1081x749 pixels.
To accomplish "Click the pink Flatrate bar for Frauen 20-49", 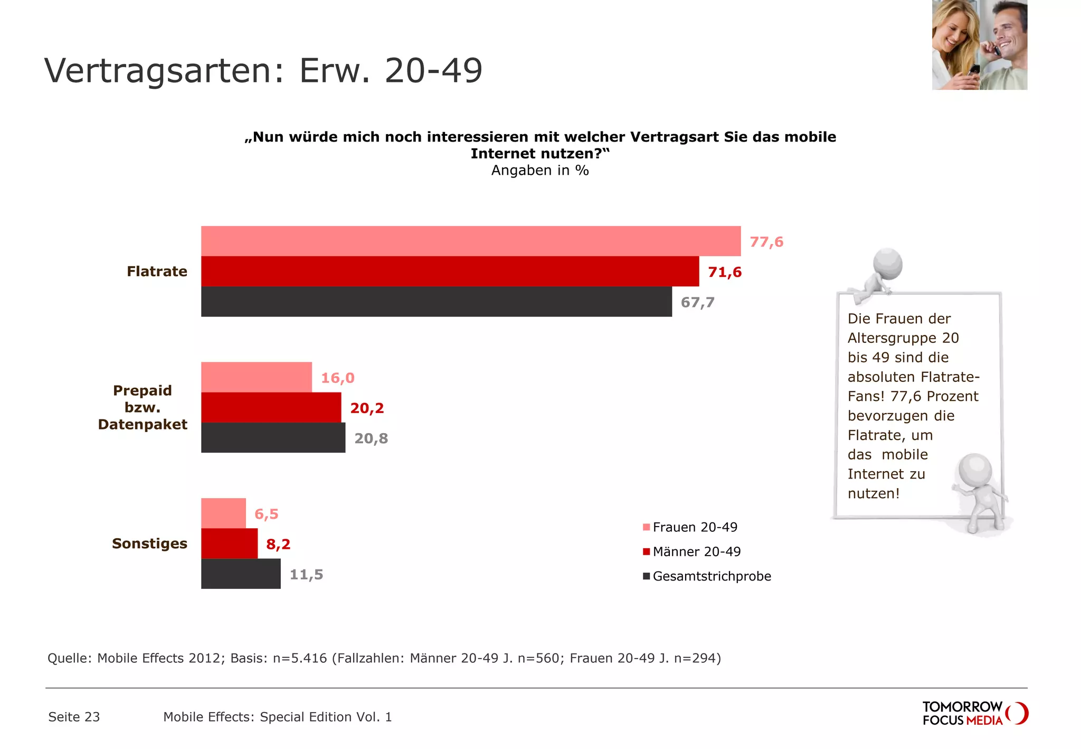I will coord(471,241).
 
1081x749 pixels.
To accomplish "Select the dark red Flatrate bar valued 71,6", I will coord(450,271).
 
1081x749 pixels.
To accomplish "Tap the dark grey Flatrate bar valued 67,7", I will coord(437,302).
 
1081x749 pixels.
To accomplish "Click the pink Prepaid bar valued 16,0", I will coord(257,377).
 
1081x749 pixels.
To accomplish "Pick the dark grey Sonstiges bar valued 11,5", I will coord(241,574).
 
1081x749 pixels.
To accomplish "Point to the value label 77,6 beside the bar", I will coord(766,242).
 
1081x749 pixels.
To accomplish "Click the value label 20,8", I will coord(371,438).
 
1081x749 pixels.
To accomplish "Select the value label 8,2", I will coord(278,544).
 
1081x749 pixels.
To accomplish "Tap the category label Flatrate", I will coord(157,271).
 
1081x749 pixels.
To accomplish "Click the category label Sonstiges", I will coord(149,544).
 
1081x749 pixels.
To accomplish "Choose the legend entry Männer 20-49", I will coord(696,552).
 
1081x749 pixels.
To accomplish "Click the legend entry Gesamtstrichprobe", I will coord(712,576).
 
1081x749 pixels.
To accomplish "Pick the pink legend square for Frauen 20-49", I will coord(646,527).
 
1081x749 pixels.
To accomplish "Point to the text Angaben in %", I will coord(539,171).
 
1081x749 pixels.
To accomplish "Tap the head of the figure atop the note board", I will coord(887,264).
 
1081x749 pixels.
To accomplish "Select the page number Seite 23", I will coord(74,717).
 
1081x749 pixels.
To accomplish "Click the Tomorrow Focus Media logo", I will coord(974,713).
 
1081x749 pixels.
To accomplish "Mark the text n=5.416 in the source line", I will coord(300,658).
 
